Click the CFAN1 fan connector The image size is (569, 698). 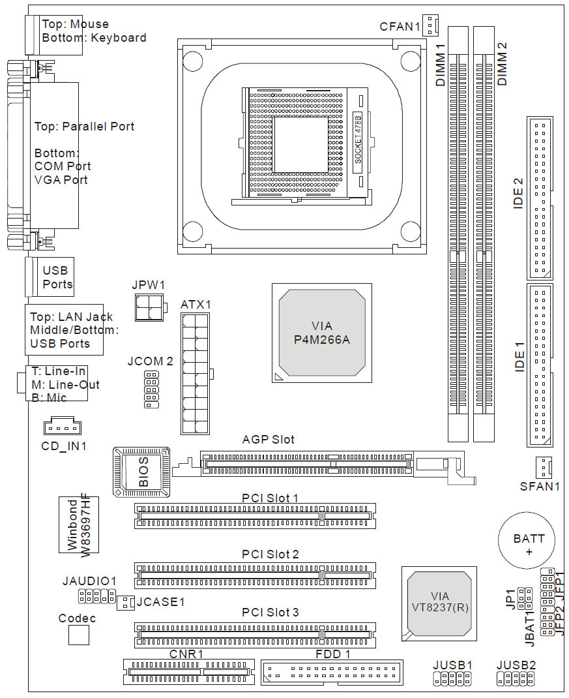click(x=430, y=25)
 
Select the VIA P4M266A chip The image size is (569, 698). click(x=321, y=333)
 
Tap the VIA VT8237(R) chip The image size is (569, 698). click(x=439, y=603)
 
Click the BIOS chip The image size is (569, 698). click(x=141, y=472)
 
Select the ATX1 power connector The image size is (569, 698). click(x=196, y=374)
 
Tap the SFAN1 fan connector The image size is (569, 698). click(x=542, y=467)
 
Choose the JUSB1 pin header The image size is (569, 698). click(x=452, y=680)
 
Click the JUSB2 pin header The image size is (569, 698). click(x=516, y=680)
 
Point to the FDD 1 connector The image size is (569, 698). click(x=332, y=671)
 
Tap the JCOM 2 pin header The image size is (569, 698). click(x=151, y=390)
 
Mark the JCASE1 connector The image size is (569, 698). click(x=124, y=603)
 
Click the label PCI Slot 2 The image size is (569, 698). click(x=270, y=554)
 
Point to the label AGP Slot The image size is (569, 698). click(x=268, y=440)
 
